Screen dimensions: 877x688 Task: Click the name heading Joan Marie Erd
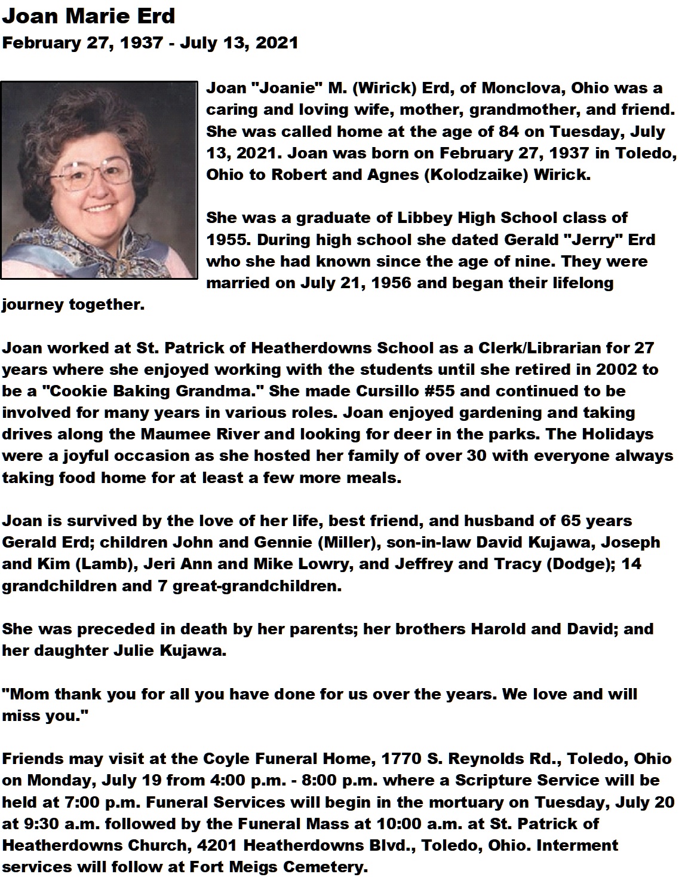tap(88, 16)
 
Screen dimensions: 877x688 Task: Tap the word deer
tap(408, 434)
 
